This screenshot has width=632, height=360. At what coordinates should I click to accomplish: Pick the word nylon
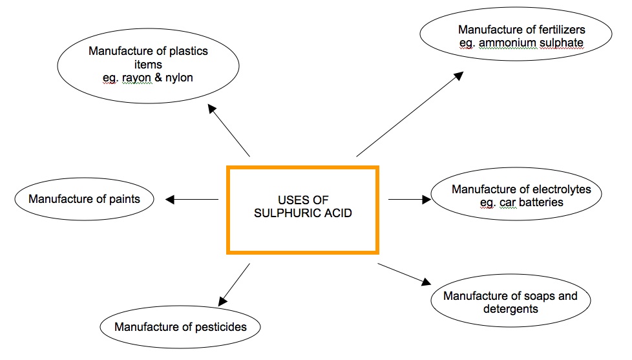pyautogui.click(x=178, y=78)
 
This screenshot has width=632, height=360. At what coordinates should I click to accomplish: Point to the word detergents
pyautogui.click(x=511, y=309)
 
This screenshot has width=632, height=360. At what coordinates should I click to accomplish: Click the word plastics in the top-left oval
pyautogui.click(x=189, y=51)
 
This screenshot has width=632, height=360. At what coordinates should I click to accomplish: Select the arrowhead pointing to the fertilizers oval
pyautogui.click(x=458, y=76)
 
